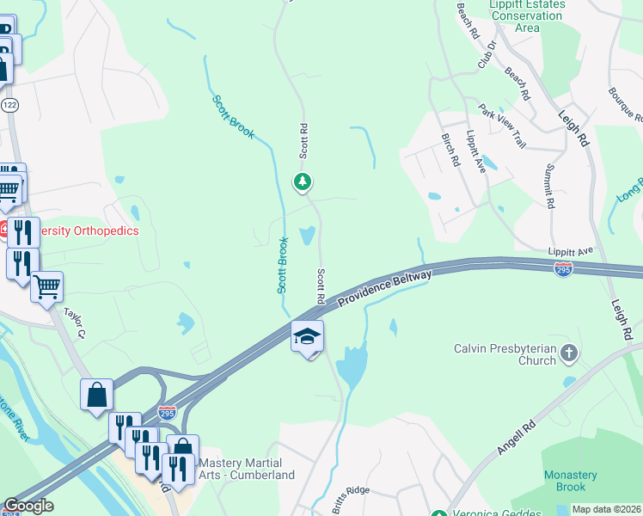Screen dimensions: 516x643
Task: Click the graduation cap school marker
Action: tap(307, 336)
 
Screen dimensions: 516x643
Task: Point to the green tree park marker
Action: tap(302, 181)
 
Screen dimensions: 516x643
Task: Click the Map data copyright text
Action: tap(605, 510)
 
